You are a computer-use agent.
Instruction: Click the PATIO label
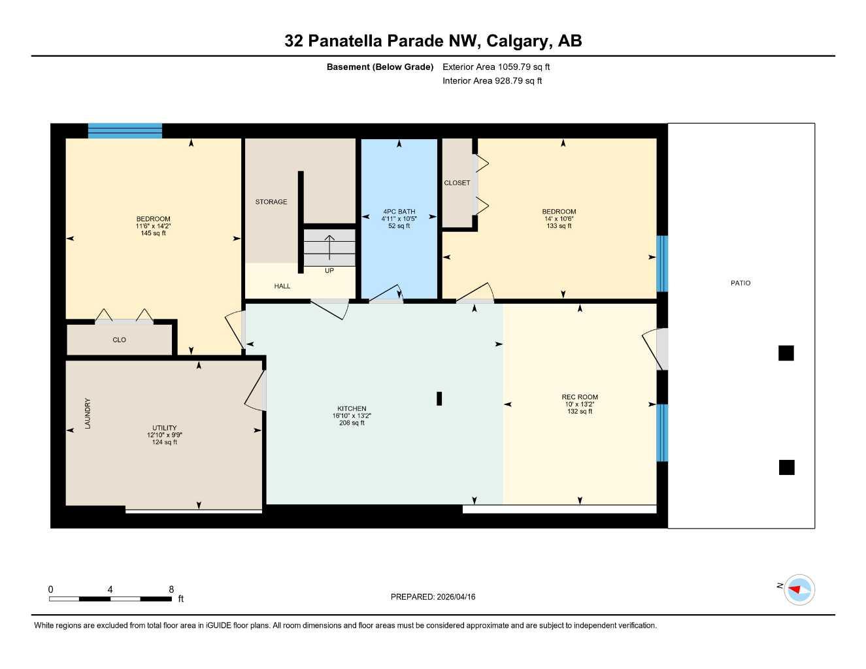741,283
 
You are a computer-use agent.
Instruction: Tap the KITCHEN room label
352,408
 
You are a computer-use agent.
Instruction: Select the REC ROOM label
580,397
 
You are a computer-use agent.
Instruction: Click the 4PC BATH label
399,212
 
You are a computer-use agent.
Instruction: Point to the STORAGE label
271,202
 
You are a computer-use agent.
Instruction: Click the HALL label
282,286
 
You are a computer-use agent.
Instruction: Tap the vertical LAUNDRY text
88,414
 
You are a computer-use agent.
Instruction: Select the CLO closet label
119,340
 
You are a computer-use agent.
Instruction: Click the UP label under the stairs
329,270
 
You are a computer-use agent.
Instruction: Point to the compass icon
799,589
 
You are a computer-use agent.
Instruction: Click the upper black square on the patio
786,353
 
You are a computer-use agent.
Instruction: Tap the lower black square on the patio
786,467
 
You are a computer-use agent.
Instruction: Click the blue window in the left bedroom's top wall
125,131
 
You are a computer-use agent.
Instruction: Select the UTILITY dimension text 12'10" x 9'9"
165,435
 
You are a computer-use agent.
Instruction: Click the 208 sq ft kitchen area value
352,423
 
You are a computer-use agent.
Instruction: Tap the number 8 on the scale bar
171,589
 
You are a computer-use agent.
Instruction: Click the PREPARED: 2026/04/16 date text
433,596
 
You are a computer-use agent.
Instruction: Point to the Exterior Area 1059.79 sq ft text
496,67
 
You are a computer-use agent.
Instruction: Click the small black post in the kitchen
439,399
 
